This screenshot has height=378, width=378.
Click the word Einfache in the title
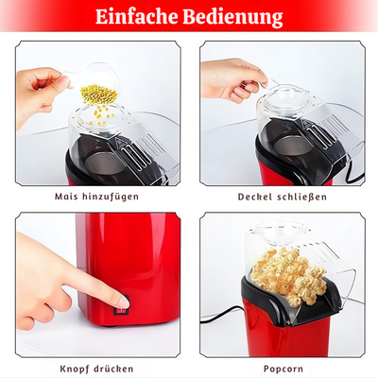tap(140, 17)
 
